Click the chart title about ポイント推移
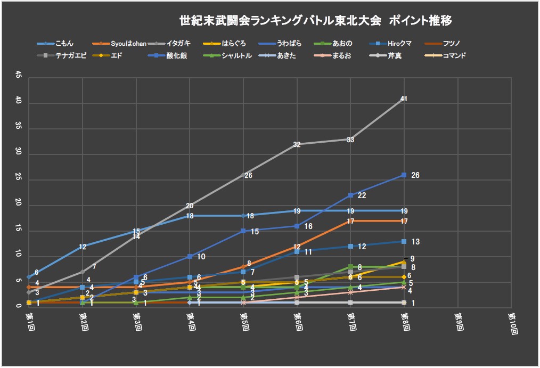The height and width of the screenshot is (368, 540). [x=316, y=21]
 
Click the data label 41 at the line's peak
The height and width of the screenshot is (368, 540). [x=404, y=99]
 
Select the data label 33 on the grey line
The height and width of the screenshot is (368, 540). [x=350, y=140]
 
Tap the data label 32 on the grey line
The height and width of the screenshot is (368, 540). [x=297, y=144]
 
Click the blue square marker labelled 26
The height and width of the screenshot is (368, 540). [x=404, y=175]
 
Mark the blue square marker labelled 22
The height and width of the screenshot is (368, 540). [x=350, y=195]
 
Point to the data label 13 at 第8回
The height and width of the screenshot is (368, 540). [x=415, y=242]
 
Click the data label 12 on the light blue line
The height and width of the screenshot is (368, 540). [x=83, y=247]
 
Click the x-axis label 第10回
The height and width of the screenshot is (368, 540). [x=512, y=323]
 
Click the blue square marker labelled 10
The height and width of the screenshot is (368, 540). [x=190, y=256]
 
